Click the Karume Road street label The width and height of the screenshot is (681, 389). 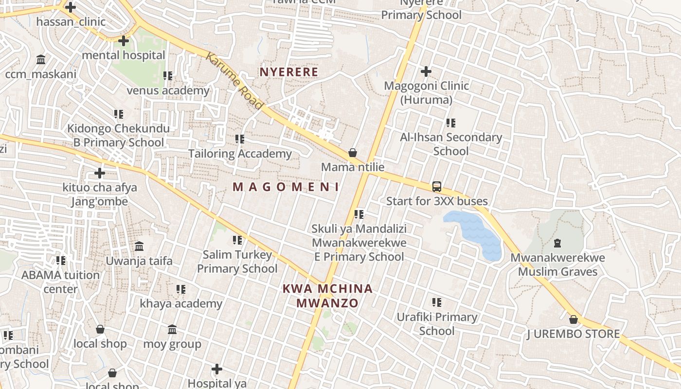(234, 81)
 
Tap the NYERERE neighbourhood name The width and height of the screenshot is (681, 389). (289, 72)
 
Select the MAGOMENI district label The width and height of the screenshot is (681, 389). (286, 187)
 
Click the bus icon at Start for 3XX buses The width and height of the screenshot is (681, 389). (437, 187)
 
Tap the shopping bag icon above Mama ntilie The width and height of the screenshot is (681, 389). (353, 153)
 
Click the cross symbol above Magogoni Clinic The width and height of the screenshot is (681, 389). (426, 72)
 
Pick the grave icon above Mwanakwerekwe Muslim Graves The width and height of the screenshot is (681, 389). (557, 243)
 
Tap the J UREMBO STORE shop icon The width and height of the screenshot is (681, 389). (573, 319)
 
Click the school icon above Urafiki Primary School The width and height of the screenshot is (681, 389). (437, 302)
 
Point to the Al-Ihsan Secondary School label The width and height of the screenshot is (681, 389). (451, 144)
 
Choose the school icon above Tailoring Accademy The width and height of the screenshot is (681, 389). (239, 139)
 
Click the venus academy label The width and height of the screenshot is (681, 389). (168, 90)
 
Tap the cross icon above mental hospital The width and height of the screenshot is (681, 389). (124, 41)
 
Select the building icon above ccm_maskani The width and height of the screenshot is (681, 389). (41, 60)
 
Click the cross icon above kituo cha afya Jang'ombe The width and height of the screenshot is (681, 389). (100, 173)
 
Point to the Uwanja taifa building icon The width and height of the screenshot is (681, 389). (139, 246)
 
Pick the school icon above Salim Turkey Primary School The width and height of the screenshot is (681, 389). (237, 240)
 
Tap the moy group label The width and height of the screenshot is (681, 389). (172, 344)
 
